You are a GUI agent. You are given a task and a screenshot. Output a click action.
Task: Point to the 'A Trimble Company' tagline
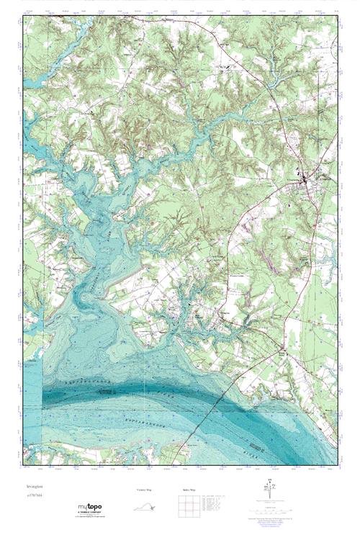[x=90, y=514]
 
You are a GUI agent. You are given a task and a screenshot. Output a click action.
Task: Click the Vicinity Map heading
[x=145, y=489]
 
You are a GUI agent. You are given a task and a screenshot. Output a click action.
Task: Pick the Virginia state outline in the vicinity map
[x=145, y=505]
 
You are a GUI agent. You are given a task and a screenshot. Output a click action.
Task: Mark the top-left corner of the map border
[x=23, y=16]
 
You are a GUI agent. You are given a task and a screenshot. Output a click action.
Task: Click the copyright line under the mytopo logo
[x=90, y=518]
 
